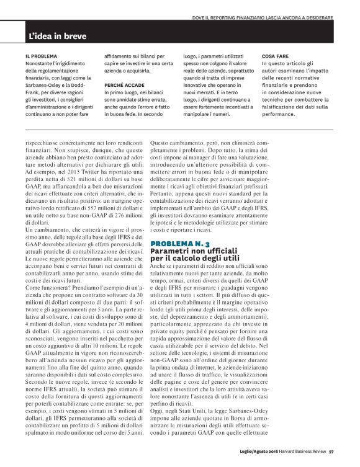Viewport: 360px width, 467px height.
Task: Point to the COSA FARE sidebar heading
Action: tap(276, 56)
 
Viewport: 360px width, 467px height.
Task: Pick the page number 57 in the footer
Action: tap(332, 451)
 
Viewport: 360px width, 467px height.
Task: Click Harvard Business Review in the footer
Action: tap(300, 451)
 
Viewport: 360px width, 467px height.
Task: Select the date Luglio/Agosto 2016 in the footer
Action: tap(257, 451)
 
